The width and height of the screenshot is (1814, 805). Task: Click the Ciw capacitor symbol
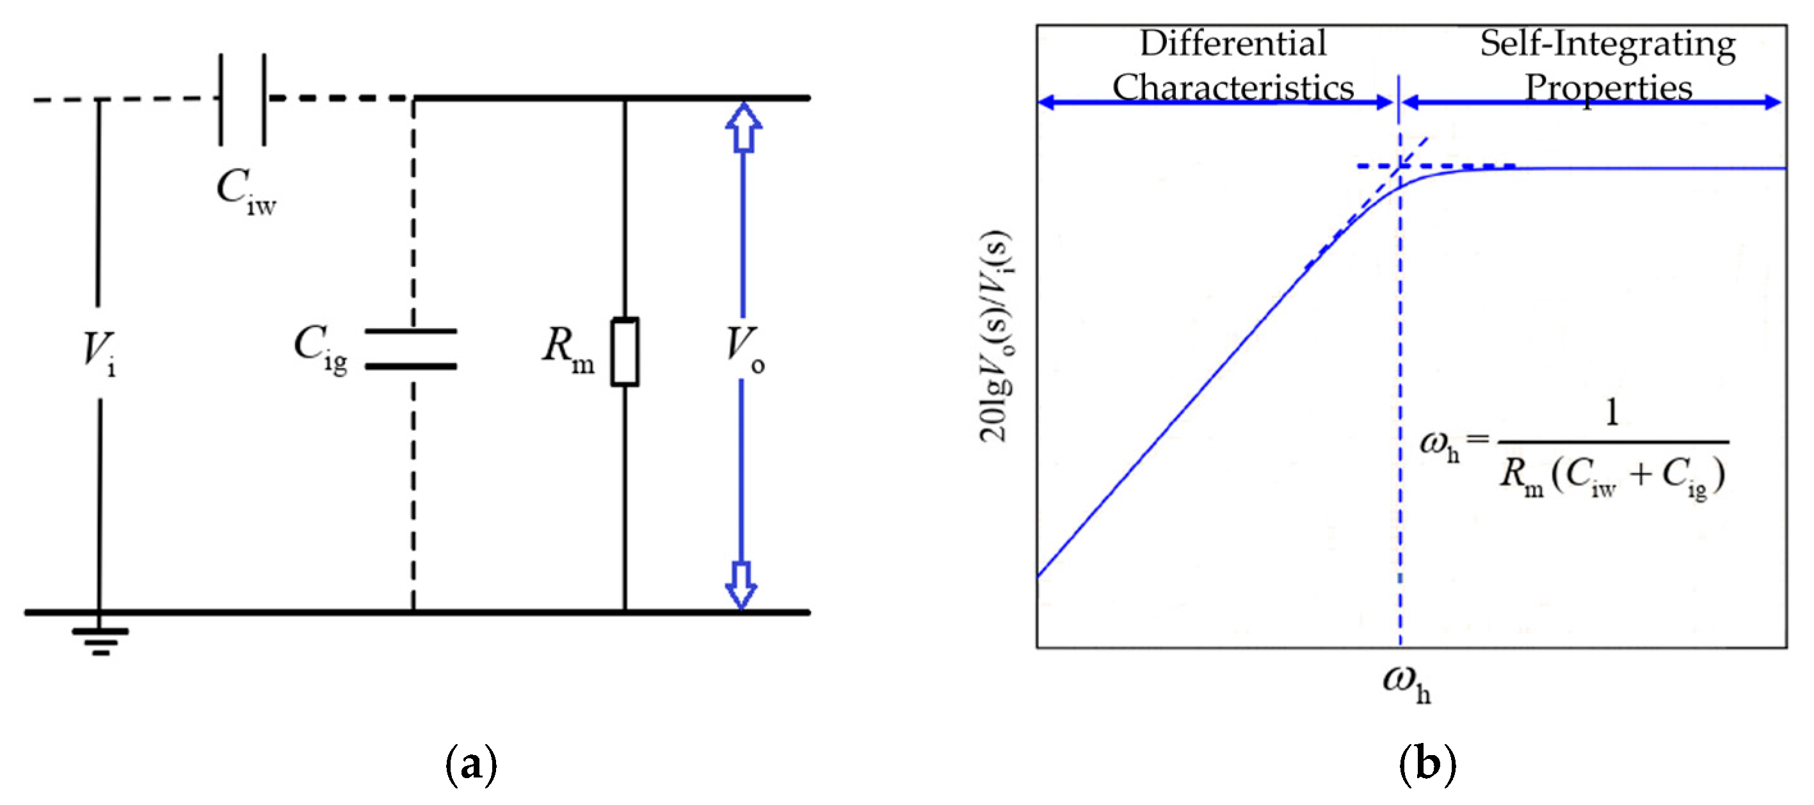tap(242, 99)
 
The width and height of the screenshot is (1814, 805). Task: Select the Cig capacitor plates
tap(411, 349)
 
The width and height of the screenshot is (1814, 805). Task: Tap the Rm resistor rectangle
tap(625, 351)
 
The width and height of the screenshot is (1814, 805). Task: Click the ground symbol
tap(100, 640)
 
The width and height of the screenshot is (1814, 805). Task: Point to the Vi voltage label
tap(99, 352)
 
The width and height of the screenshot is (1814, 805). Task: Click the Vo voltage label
tap(744, 349)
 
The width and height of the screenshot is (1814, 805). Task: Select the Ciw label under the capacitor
tap(246, 191)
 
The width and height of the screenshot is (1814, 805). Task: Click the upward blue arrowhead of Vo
tap(744, 127)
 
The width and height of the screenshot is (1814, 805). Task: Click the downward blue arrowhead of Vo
tap(741, 585)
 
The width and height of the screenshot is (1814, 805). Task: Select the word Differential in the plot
tap(1232, 44)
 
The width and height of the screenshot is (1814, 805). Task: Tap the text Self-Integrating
tap(1608, 44)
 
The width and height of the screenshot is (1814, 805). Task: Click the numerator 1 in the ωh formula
tap(1612, 412)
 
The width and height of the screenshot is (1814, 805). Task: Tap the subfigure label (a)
tap(471, 763)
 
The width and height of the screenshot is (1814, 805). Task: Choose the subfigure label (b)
tap(1427, 763)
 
